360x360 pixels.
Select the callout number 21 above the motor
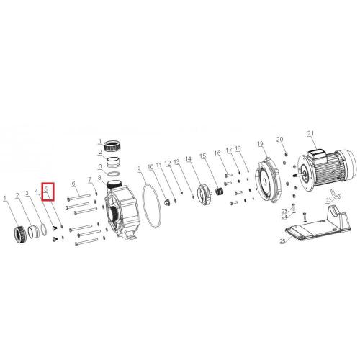click(x=311, y=134)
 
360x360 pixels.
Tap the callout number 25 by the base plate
click(x=283, y=240)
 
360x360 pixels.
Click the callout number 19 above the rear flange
click(x=261, y=144)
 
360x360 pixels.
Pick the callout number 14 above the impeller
click(x=189, y=158)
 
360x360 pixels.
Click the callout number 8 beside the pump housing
click(x=100, y=178)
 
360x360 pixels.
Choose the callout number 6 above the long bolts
click(x=73, y=184)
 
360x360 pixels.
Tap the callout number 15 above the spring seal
click(x=203, y=156)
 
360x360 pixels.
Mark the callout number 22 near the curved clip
click(x=329, y=199)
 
